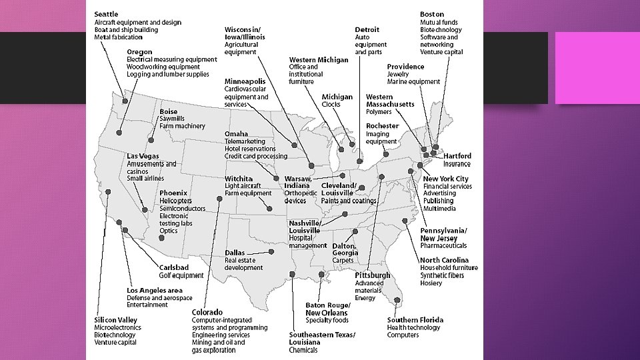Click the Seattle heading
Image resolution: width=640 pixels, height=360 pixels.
107,14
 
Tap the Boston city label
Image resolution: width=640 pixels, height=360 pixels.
432,14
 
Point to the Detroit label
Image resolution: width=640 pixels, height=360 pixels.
367,29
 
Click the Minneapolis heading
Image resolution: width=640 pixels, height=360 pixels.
245,81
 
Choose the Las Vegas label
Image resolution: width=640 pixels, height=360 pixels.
143,156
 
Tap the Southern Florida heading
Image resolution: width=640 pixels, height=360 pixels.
415,320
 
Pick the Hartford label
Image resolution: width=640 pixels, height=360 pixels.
457,156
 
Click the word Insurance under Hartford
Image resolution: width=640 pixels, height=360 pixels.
457,164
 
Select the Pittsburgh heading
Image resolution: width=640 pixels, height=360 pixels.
373,275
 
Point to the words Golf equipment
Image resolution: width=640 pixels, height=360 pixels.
181,275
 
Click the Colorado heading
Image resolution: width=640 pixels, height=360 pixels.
207,312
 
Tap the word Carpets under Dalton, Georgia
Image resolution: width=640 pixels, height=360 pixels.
343,261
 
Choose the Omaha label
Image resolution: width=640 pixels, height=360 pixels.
236,133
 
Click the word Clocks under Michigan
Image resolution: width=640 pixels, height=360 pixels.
331,105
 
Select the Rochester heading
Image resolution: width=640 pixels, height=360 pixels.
382,126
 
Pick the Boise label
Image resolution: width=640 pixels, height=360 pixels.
169,111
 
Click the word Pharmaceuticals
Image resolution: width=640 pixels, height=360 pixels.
443,246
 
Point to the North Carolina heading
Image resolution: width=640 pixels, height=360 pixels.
444,260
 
